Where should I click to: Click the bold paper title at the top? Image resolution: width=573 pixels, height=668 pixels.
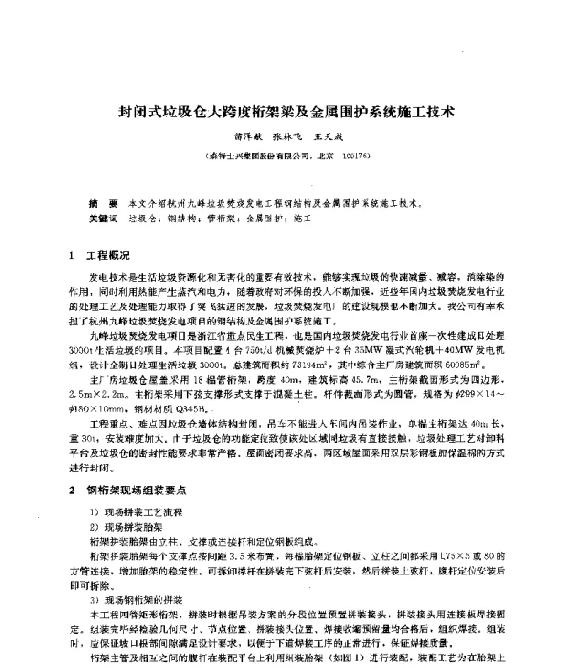pos(286,112)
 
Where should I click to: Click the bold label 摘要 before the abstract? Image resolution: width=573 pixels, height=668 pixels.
pos(95,204)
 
